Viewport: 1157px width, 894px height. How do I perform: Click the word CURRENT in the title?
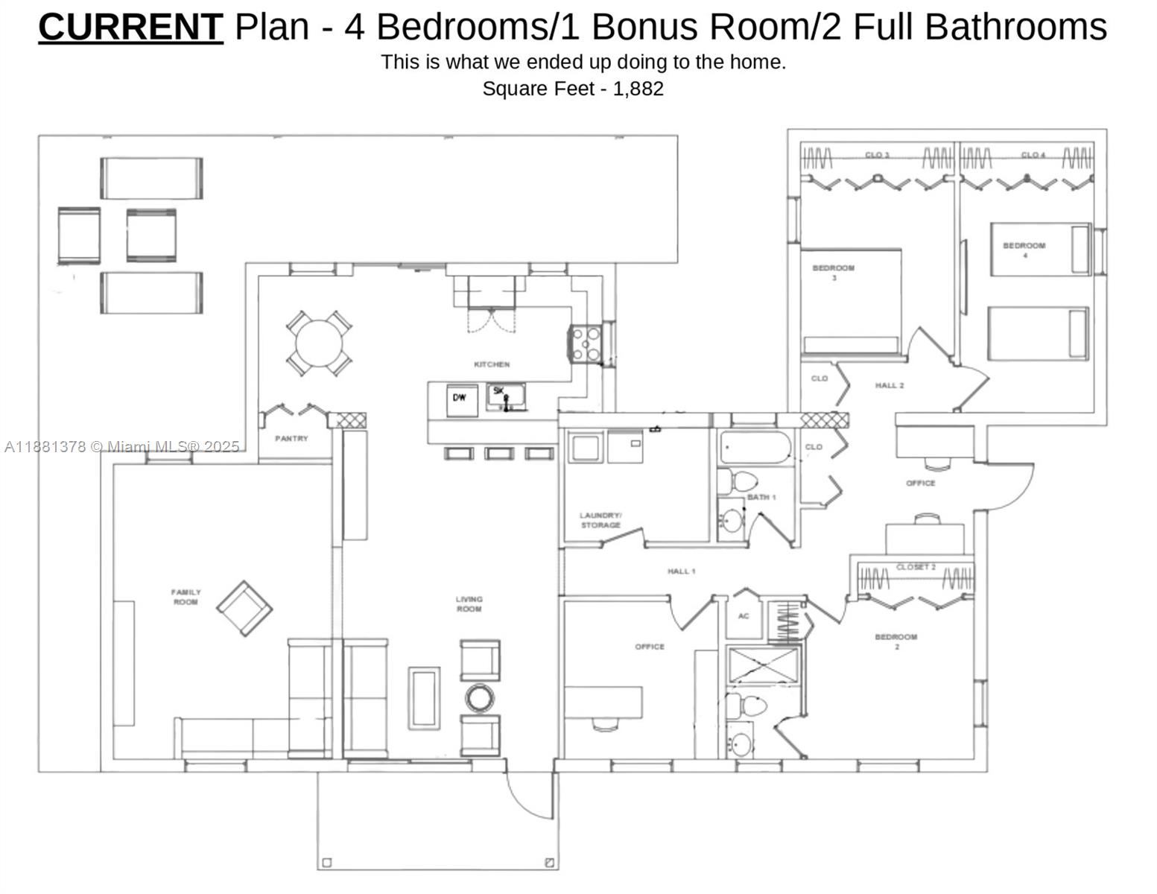pyautogui.click(x=130, y=27)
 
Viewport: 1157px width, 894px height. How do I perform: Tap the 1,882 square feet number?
pyautogui.click(x=638, y=89)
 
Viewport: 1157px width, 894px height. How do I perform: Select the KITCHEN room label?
pyautogui.click(x=492, y=364)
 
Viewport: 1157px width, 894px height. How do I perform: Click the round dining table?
pyautogui.click(x=320, y=343)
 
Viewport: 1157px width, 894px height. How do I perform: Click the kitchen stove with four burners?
pyautogui.click(x=585, y=344)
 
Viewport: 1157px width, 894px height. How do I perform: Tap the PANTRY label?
pyautogui.click(x=291, y=439)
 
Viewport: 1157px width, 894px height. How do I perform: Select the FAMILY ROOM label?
pyautogui.click(x=186, y=597)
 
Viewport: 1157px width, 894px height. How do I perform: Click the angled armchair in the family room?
pyautogui.click(x=244, y=609)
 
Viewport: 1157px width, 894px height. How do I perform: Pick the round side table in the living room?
pyautogui.click(x=480, y=698)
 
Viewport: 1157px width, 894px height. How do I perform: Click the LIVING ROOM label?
pyautogui.click(x=469, y=603)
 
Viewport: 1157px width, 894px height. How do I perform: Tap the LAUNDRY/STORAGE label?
pyautogui.click(x=600, y=520)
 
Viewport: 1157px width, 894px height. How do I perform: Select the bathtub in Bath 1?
pyautogui.click(x=754, y=448)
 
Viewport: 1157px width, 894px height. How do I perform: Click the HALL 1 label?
pyautogui.click(x=681, y=571)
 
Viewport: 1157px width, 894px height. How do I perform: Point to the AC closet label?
pyautogui.click(x=743, y=616)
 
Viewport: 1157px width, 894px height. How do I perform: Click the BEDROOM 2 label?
pyautogui.click(x=896, y=641)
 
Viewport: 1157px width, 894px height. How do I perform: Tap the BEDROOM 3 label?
pyautogui.click(x=833, y=272)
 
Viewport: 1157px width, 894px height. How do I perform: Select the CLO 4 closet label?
pyautogui.click(x=1033, y=155)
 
